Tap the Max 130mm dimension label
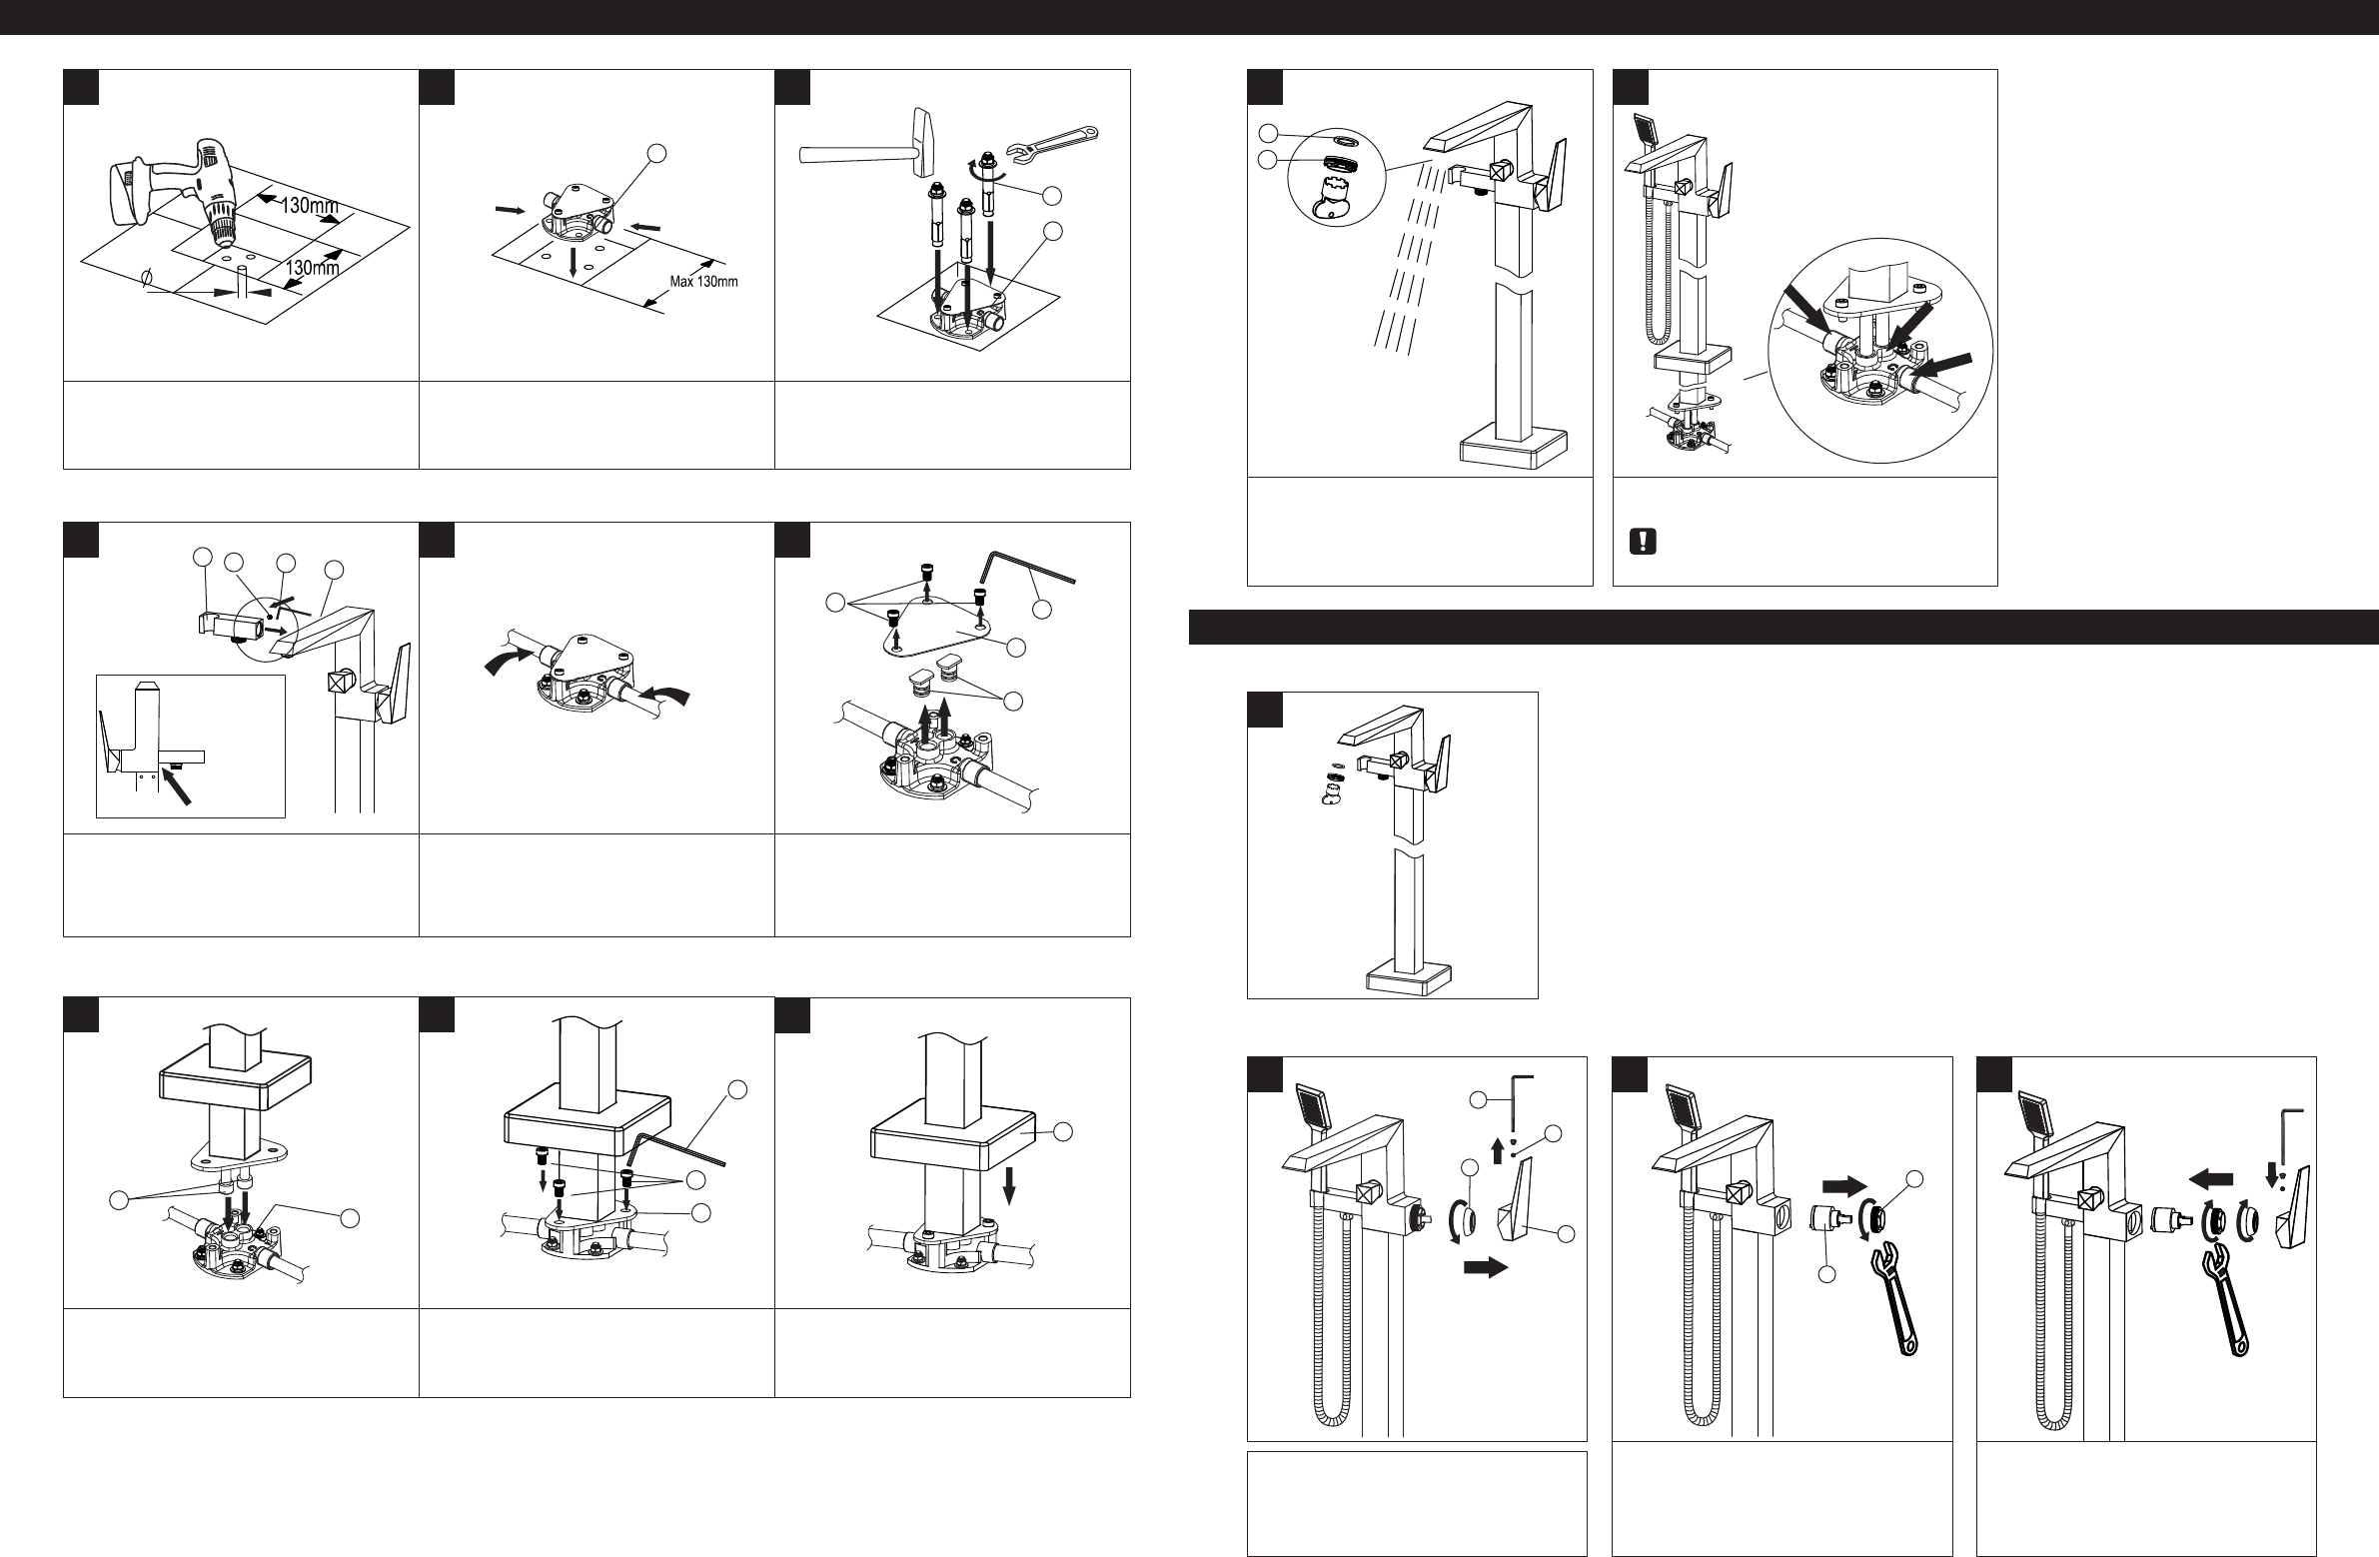click(x=703, y=281)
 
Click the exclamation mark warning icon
click(x=1644, y=541)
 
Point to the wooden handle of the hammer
click(x=852, y=154)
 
